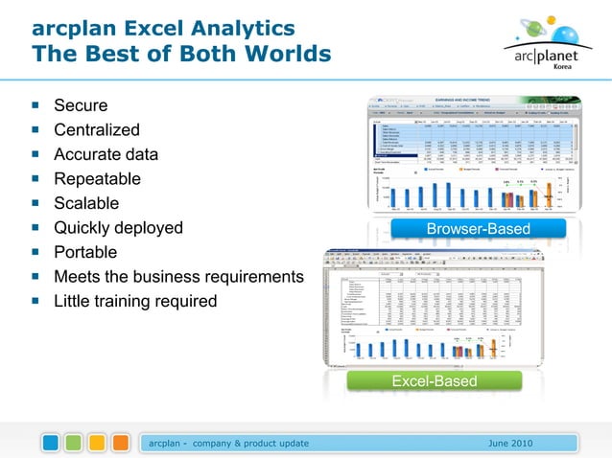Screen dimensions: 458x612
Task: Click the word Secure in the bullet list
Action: pyautogui.click(x=81, y=105)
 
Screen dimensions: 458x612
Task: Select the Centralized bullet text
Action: pyautogui.click(x=97, y=130)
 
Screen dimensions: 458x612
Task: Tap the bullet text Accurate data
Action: pyautogui.click(x=106, y=154)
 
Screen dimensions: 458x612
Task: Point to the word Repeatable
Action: pyautogui.click(x=97, y=179)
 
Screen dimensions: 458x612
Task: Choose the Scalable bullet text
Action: pyautogui.click(x=86, y=203)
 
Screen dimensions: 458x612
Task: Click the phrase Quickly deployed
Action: pyautogui.click(x=118, y=228)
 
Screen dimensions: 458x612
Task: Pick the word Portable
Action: pyautogui.click(x=85, y=252)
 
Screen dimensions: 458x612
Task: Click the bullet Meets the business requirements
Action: pyautogui.click(x=178, y=277)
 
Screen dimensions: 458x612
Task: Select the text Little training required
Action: pyautogui.click(x=135, y=302)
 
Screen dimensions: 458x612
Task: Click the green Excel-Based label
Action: pyautogui.click(x=435, y=382)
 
